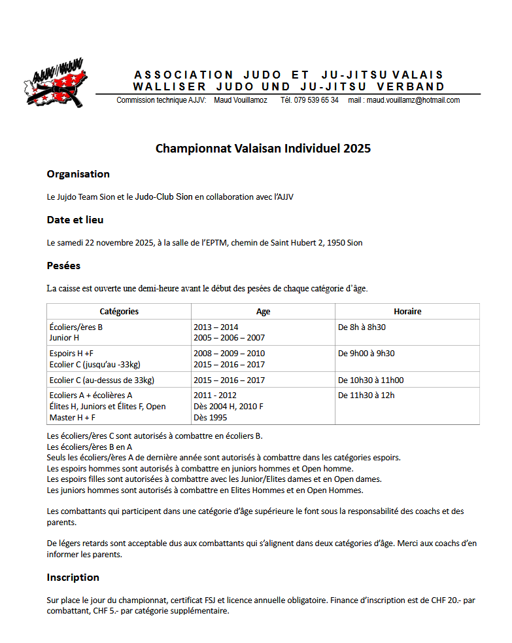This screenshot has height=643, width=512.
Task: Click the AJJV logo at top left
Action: (54, 83)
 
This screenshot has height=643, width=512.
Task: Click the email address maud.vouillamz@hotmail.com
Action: (413, 100)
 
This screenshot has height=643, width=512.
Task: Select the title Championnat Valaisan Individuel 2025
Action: (263, 149)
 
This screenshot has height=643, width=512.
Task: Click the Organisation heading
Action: (78, 174)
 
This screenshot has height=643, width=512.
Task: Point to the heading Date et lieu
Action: (75, 220)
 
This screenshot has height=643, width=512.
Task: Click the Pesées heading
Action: (63, 266)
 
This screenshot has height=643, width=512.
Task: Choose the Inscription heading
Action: (73, 578)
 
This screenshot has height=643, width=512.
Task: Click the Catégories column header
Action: (119, 312)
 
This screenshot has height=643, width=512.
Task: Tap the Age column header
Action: (263, 312)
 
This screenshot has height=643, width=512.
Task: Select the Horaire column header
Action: (407, 312)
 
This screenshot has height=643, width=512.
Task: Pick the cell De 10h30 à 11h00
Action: (371, 380)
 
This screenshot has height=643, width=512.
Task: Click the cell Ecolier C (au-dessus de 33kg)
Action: (101, 380)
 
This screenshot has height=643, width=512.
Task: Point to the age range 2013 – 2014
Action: (216, 327)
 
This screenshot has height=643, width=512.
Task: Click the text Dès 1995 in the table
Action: (211, 417)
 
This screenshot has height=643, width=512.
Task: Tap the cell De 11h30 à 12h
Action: (366, 395)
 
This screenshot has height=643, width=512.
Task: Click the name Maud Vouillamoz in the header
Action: (241, 100)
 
